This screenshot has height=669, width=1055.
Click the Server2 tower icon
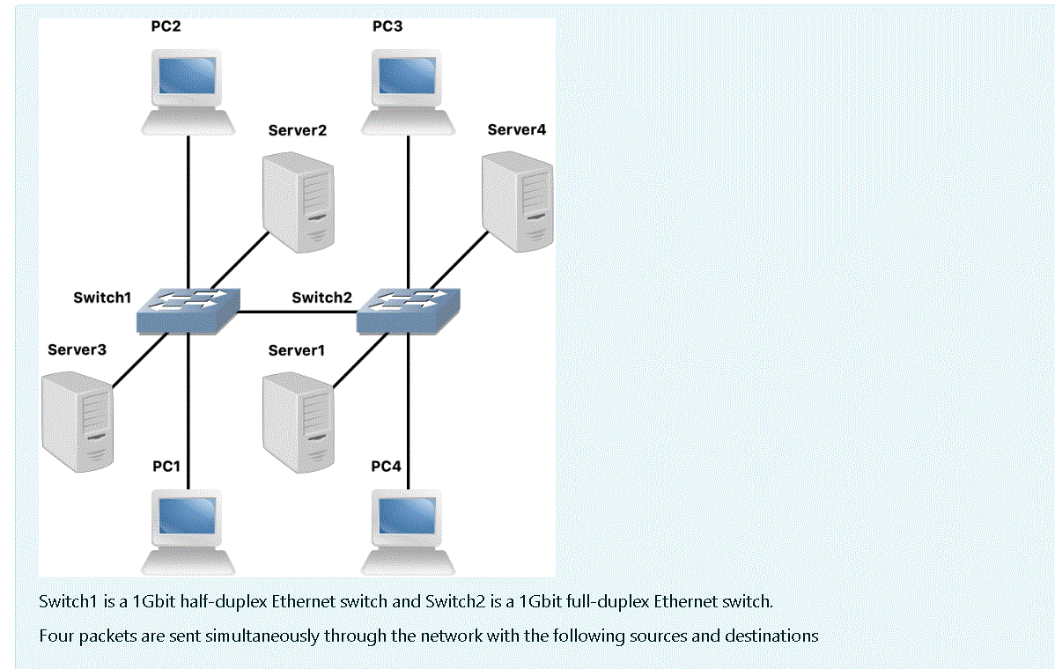pyautogui.click(x=299, y=201)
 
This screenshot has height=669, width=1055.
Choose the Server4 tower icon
pyautogui.click(x=518, y=201)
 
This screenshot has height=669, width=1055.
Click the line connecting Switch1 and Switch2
pyautogui.click(x=297, y=312)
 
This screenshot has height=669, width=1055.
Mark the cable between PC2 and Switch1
pyautogui.click(x=188, y=211)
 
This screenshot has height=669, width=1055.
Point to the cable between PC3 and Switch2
pyautogui.click(x=408, y=211)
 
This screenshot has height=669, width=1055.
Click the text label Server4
pyautogui.click(x=516, y=130)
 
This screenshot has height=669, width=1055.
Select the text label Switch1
pyautogui.click(x=101, y=298)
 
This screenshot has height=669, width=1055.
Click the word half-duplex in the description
pyautogui.click(x=224, y=602)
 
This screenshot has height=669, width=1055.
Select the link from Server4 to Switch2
pyautogui.click(x=458, y=260)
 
